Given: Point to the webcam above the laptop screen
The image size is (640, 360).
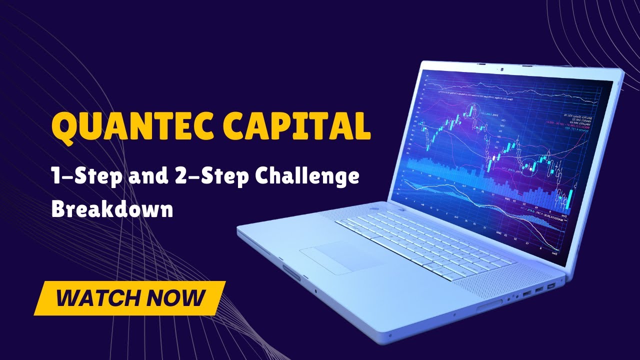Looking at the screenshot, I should coord(500,67).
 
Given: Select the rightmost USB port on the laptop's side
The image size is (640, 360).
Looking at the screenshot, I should coord(551,286).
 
